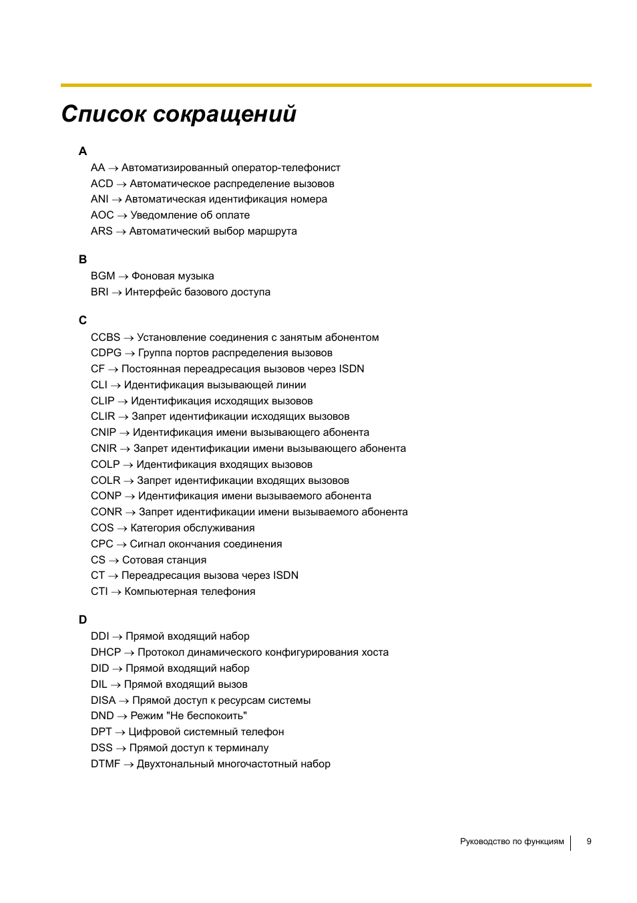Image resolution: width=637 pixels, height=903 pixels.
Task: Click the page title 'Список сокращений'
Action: coord(178,114)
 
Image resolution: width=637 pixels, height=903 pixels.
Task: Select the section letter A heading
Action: coord(83,151)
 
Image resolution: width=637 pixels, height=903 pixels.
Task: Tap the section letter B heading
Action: coord(83,259)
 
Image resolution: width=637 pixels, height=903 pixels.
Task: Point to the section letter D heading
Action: coord(83,620)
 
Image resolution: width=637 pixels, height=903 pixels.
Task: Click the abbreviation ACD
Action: coord(102,184)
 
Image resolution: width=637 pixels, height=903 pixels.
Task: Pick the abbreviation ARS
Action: coord(101,231)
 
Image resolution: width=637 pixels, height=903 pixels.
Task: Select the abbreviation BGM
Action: coord(103,276)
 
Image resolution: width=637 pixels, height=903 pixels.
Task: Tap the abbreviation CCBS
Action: coord(105,338)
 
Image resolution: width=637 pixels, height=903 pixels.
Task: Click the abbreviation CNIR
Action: coord(103,448)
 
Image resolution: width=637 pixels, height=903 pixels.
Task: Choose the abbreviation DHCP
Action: coord(106,652)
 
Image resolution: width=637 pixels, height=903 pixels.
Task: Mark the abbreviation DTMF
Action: coord(105,764)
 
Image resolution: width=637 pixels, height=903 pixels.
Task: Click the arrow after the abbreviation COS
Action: coord(122,529)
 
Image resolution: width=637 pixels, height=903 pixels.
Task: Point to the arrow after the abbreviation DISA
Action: coord(124,701)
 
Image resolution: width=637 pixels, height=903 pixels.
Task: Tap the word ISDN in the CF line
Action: coord(351,369)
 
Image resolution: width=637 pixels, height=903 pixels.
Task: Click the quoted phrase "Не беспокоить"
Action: coord(208,716)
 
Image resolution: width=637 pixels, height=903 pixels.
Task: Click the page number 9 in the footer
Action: coord(589,842)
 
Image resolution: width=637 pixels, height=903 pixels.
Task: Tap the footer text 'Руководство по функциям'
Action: coord(511,842)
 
